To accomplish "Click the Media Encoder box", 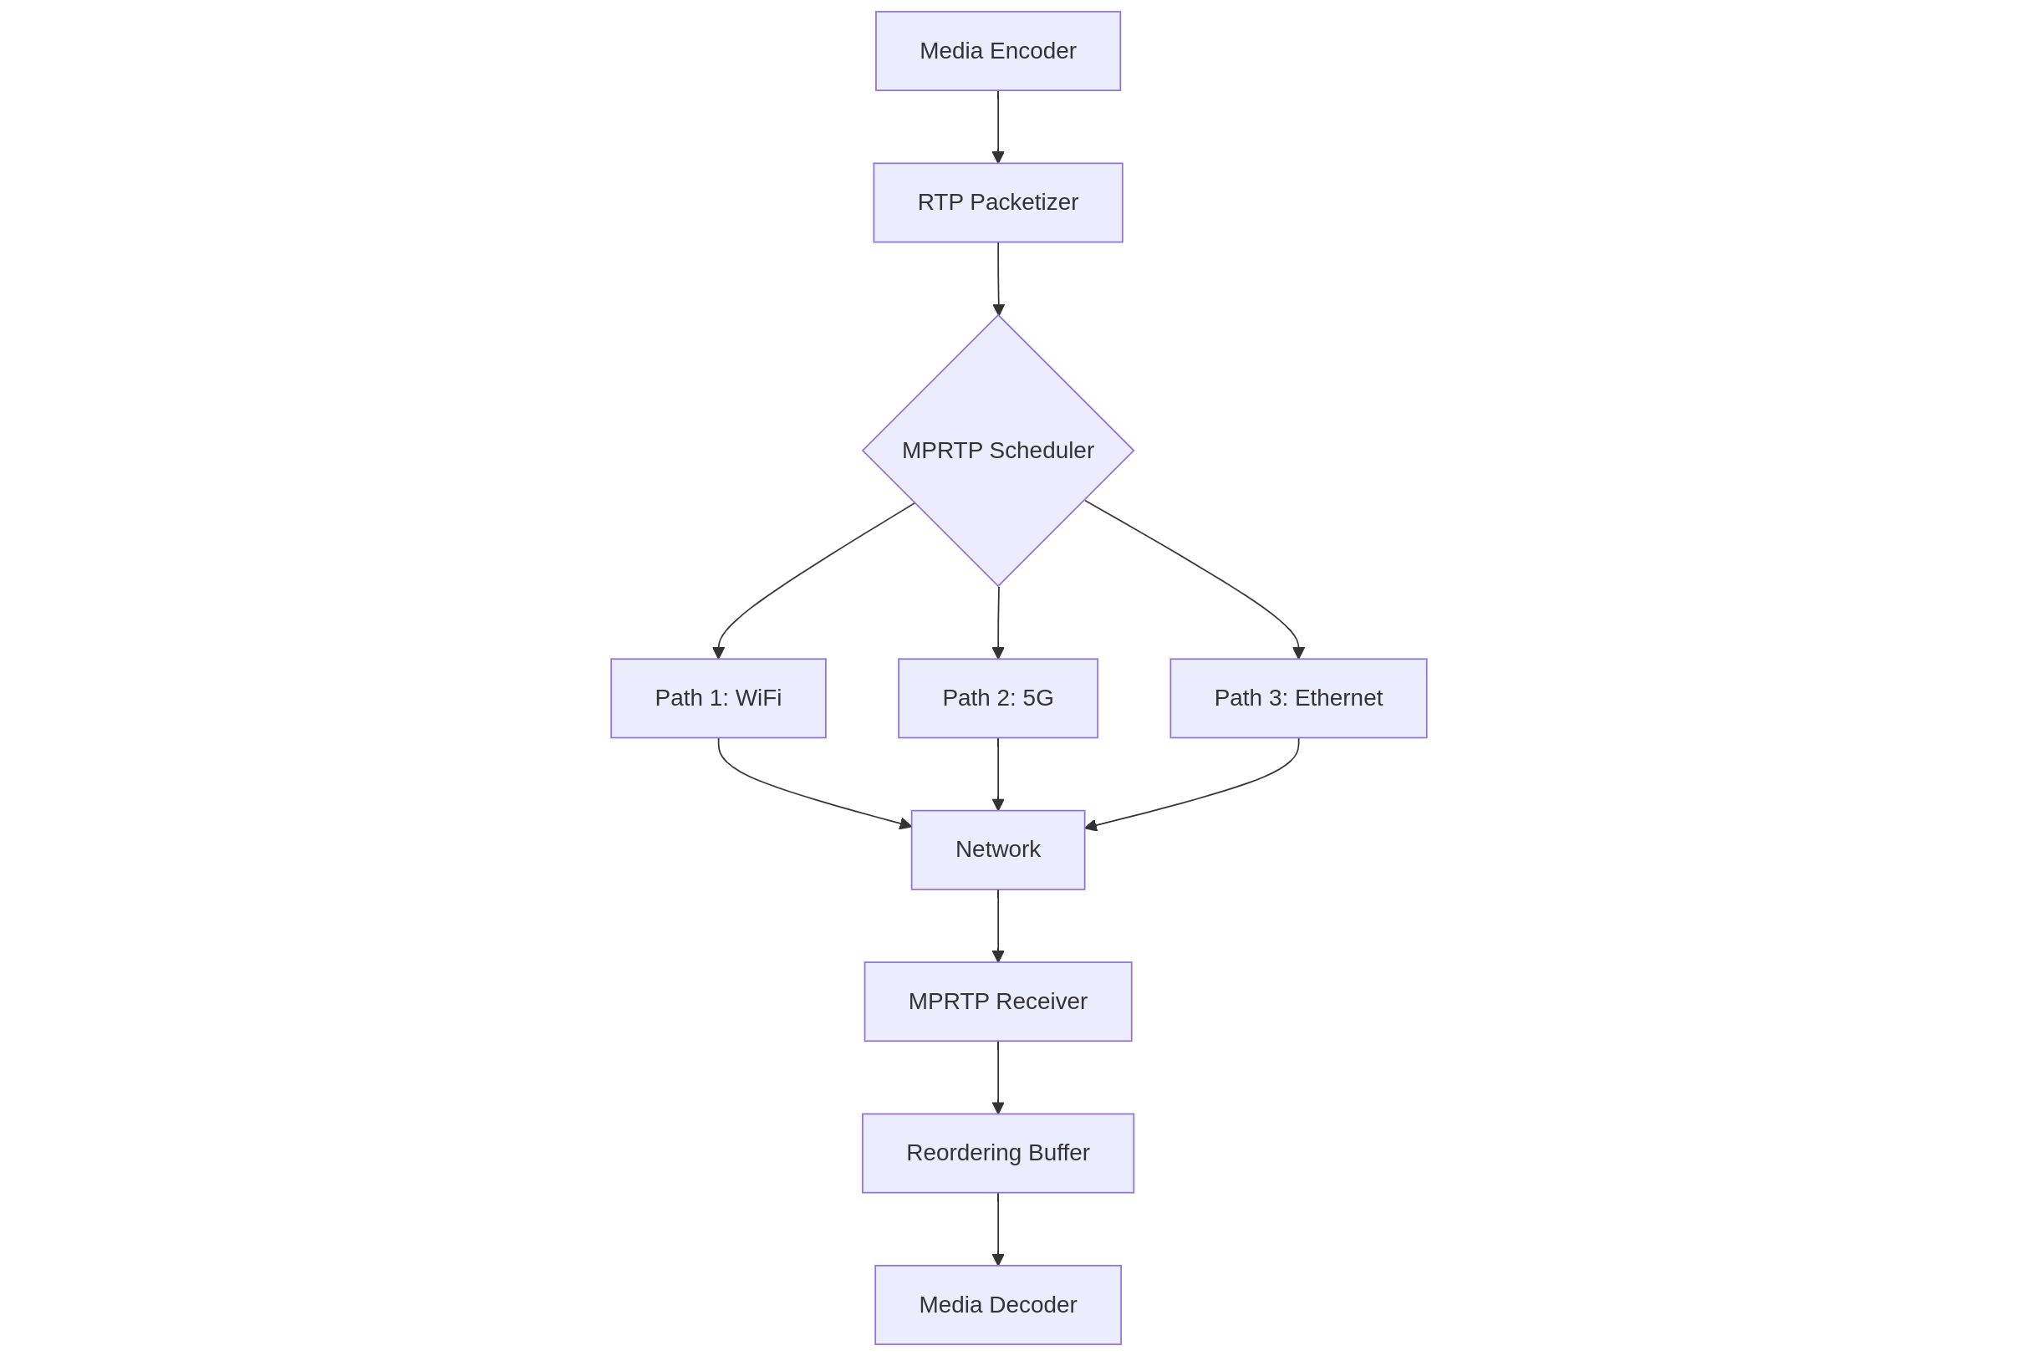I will pos(998,51).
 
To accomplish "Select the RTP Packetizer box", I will pos(998,202).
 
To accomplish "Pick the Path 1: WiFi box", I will pos(718,698).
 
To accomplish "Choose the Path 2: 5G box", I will pos(998,698).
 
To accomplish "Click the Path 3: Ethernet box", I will pos(1298,698).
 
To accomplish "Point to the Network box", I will pos(998,849).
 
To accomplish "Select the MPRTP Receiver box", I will pos(998,1002).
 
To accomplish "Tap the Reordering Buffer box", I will pos(998,1153).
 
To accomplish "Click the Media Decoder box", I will pos(998,1305).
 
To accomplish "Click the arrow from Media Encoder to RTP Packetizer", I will pos(998,126).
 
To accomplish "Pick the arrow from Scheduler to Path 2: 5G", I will pos(998,623).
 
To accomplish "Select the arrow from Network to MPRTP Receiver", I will pos(998,925).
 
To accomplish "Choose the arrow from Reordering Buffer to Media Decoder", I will pos(998,1229).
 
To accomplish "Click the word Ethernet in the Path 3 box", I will pos(1337,698).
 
